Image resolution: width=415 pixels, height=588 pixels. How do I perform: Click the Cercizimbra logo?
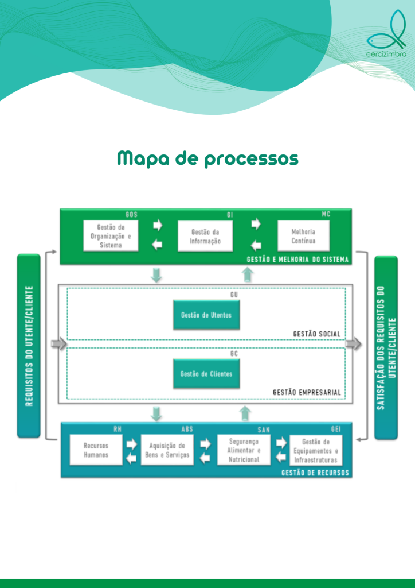[386, 33]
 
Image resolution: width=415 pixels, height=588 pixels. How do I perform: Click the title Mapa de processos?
[207, 159]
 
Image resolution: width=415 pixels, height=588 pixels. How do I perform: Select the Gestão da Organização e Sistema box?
[111, 236]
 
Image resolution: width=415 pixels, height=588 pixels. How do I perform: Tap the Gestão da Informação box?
[205, 236]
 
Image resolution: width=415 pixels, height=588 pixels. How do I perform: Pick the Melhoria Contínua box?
[303, 236]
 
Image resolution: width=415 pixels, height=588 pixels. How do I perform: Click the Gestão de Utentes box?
[206, 315]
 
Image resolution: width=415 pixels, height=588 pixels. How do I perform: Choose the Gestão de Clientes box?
[206, 374]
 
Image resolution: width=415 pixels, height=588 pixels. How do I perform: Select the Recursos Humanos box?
[96, 450]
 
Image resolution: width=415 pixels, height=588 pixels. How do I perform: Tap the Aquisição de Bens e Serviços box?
[167, 450]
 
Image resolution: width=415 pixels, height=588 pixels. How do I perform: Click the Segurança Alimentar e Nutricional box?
[244, 450]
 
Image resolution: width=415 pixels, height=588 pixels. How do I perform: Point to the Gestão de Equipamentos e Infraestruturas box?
[316, 450]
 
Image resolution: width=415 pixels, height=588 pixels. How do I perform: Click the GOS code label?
[131, 215]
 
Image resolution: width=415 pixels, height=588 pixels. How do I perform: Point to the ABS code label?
[187, 429]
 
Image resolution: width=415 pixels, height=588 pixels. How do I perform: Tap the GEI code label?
[336, 429]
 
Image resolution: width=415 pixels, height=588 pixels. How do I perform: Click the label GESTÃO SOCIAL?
[316, 334]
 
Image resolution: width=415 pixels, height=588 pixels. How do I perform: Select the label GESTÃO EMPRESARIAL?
[307, 392]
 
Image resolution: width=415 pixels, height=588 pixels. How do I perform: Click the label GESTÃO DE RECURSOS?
[315, 472]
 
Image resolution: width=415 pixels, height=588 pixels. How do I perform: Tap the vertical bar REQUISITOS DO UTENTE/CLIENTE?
[29, 346]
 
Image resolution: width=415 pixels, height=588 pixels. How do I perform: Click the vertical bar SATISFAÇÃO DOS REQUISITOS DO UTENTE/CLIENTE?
[386, 347]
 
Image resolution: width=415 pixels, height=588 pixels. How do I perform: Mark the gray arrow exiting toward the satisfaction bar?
[354, 343]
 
